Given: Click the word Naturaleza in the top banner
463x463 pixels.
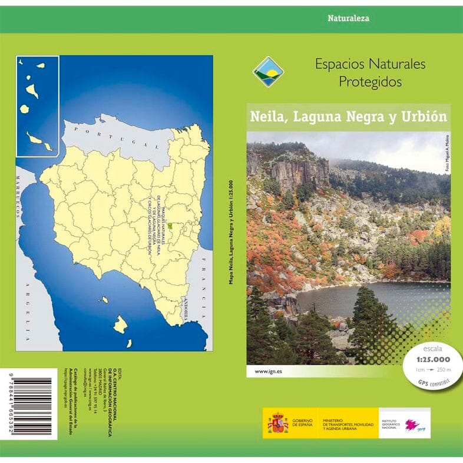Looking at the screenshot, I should click(x=348, y=18).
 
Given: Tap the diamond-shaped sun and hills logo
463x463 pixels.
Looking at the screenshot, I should click(x=269, y=71).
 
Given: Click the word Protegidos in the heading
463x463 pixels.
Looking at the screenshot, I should click(x=370, y=82).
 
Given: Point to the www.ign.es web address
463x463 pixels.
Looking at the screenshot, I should click(x=267, y=372).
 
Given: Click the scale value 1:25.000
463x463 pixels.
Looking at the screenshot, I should click(x=433, y=359).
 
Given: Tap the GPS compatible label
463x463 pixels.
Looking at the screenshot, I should click(x=433, y=383).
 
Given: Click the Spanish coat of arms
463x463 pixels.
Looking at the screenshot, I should click(x=277, y=423).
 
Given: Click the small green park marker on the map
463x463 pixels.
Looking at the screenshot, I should click(x=169, y=225).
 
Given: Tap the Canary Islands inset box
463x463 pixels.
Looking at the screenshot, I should click(x=38, y=106).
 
